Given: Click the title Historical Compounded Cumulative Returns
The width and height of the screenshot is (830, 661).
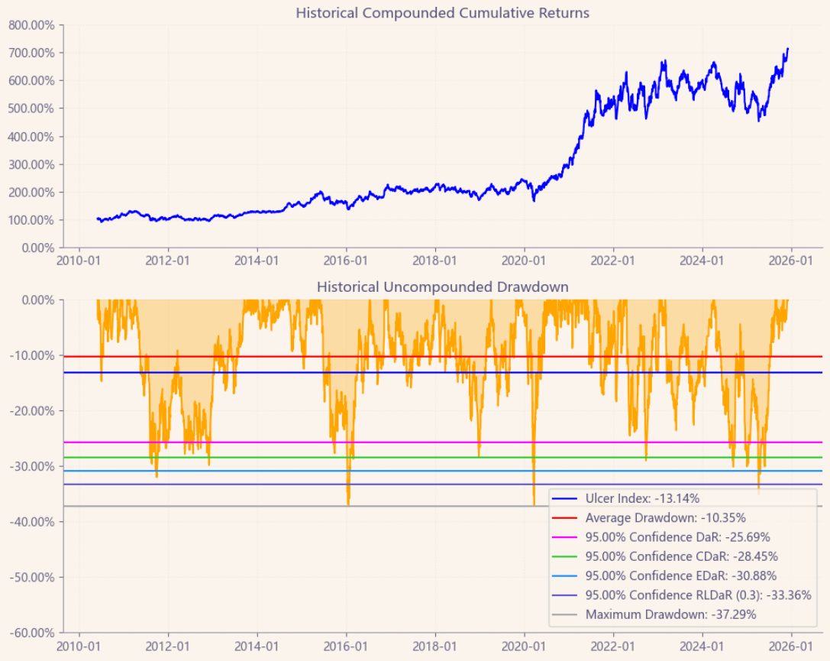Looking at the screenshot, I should coord(442,13).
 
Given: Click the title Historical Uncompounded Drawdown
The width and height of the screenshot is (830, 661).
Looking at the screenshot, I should coord(442,287).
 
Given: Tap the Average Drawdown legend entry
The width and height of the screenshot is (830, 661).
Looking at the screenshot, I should coord(655,518).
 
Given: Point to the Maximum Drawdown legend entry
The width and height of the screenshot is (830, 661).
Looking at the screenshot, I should coord(660,614).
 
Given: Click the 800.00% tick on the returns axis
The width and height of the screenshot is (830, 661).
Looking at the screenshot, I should coord(31,24).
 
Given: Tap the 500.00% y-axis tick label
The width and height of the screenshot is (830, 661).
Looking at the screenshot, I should coord(31,109).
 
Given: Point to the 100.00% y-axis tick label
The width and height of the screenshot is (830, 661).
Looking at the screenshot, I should coord(31,220).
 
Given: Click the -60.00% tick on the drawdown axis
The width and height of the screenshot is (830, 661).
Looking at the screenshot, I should coord(31,633).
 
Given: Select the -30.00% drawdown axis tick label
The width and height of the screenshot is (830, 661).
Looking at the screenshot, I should coord(31,466).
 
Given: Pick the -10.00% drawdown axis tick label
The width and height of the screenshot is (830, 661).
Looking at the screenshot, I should coord(31,355).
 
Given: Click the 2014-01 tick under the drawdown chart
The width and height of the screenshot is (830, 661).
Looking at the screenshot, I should coord(257,646).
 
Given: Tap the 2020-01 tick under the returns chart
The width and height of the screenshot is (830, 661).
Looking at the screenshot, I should coord(525,261).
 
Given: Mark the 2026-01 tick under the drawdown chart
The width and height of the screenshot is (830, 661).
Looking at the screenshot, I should coord(791,646).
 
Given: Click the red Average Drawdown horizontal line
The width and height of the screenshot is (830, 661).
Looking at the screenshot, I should coord(305,357).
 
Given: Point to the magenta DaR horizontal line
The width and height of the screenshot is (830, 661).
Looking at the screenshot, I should coord(305,442).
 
